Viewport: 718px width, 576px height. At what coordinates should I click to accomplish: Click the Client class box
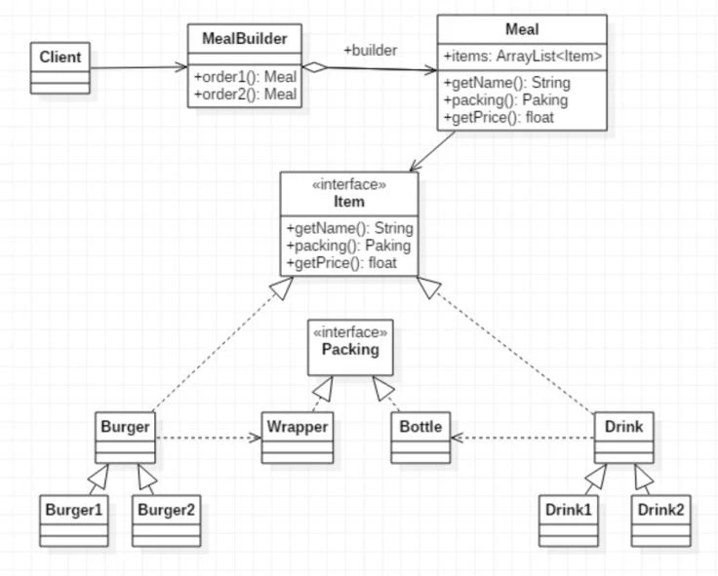coord(60,67)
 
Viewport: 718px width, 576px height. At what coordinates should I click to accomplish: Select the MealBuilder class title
coord(245,38)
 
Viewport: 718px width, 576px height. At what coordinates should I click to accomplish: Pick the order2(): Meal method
coord(245,94)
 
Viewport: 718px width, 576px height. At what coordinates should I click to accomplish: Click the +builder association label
coord(370,50)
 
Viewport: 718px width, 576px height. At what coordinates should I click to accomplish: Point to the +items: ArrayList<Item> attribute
coord(522,58)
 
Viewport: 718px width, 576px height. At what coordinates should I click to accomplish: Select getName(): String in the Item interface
coord(348,229)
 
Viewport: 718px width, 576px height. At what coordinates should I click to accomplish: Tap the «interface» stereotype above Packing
coord(350,331)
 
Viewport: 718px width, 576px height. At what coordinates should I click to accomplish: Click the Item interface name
coord(348,202)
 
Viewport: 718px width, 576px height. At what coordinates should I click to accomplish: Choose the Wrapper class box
coord(298,438)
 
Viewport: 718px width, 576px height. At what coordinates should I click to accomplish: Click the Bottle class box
coord(420,438)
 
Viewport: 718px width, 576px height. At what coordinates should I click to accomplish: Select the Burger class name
coord(125,426)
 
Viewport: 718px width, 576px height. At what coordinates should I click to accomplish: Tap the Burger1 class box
coord(74,520)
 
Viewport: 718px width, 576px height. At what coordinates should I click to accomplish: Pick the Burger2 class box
coord(167,520)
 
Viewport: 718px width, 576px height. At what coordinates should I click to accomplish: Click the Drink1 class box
coord(569,520)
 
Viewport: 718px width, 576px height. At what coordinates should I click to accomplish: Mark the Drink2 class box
coord(660,520)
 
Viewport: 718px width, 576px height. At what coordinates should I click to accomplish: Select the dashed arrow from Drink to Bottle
coord(522,438)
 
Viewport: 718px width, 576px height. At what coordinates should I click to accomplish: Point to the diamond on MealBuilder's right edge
coord(313,66)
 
